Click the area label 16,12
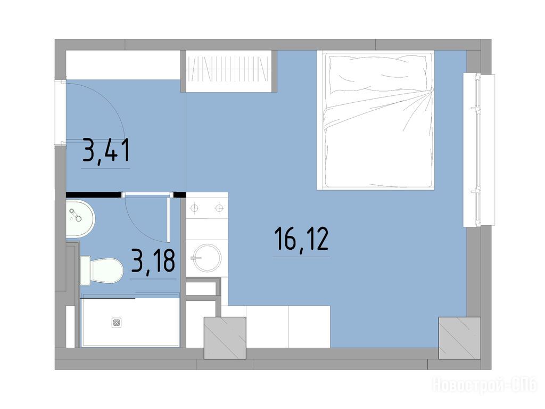(301, 239)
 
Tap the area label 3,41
(106, 150)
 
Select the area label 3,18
(153, 261)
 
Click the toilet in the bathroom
(102, 271)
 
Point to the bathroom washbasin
(80, 218)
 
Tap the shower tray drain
(117, 322)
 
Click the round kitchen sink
(207, 258)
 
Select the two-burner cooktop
(207, 208)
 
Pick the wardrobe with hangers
(228, 71)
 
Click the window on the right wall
(478, 150)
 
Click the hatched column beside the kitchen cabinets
(225, 338)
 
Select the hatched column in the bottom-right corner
(459, 338)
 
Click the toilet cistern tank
(86, 271)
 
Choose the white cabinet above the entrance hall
(123, 65)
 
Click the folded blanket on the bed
(378, 139)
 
